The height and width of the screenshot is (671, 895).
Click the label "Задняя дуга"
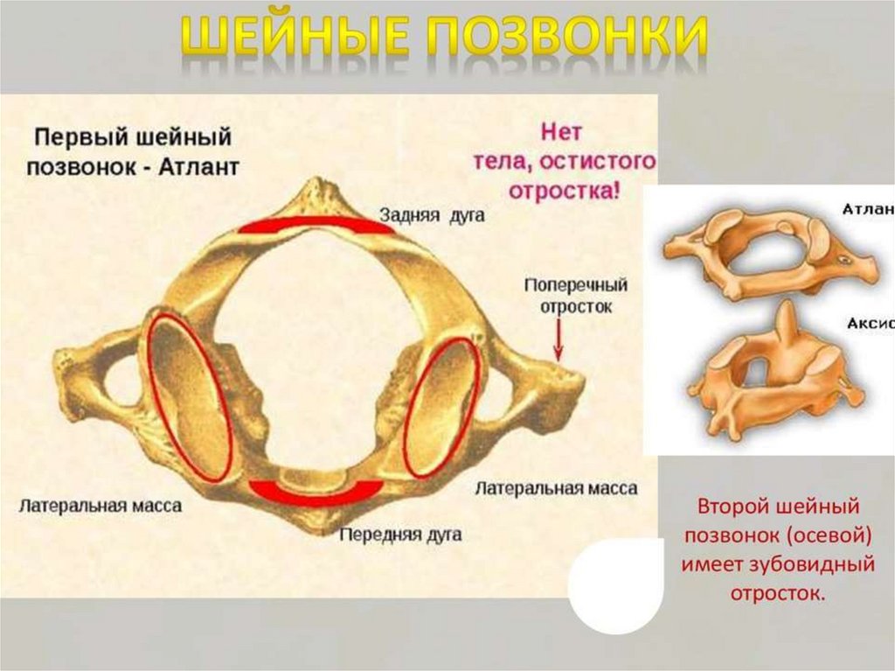(x=432, y=215)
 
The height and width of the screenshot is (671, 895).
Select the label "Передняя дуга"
(x=401, y=533)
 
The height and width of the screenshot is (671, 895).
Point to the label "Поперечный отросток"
(x=575, y=296)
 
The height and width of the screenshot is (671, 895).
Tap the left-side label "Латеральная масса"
(x=101, y=506)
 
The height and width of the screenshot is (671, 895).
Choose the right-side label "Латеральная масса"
(x=556, y=488)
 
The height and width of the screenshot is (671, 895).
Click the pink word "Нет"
(x=561, y=134)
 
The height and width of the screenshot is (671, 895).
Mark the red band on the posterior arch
(x=316, y=226)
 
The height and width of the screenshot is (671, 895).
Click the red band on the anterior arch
(x=316, y=492)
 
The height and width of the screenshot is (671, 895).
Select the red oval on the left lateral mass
(x=190, y=398)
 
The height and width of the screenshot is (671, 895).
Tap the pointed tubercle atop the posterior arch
(x=317, y=191)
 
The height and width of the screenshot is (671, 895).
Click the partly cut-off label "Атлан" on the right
(x=867, y=210)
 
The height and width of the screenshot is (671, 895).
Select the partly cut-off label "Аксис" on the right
(x=870, y=323)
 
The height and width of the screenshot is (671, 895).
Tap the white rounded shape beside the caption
(x=612, y=584)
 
